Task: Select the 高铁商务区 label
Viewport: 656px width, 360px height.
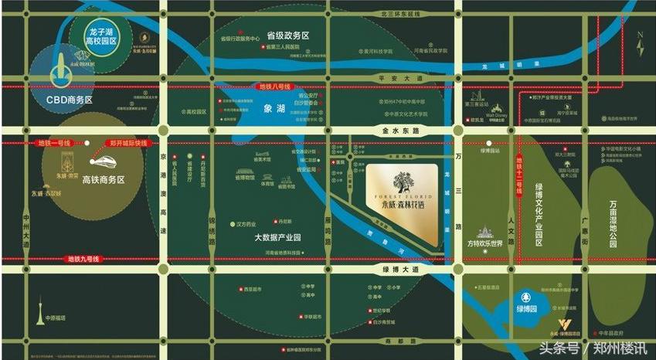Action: click(103, 178)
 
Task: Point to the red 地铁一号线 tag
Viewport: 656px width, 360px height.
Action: click(54, 143)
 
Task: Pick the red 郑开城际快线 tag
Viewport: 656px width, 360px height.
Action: click(127, 143)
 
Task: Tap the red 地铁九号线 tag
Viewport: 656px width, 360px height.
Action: click(83, 258)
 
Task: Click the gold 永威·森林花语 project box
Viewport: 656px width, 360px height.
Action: click(402, 199)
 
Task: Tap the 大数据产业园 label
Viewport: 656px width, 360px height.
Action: click(277, 237)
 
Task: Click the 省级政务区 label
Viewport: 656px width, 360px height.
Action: click(287, 36)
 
